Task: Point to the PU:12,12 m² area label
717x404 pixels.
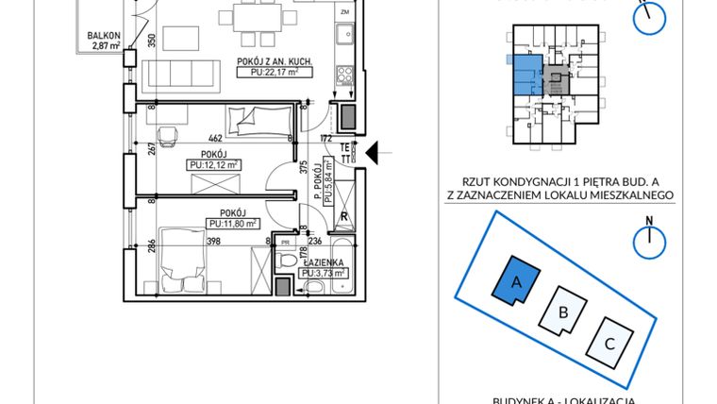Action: click(213, 164)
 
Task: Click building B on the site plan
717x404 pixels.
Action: click(563, 311)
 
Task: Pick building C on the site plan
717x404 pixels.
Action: click(609, 344)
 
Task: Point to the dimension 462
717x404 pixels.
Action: click(215, 139)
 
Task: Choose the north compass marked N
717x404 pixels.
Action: click(649, 240)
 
